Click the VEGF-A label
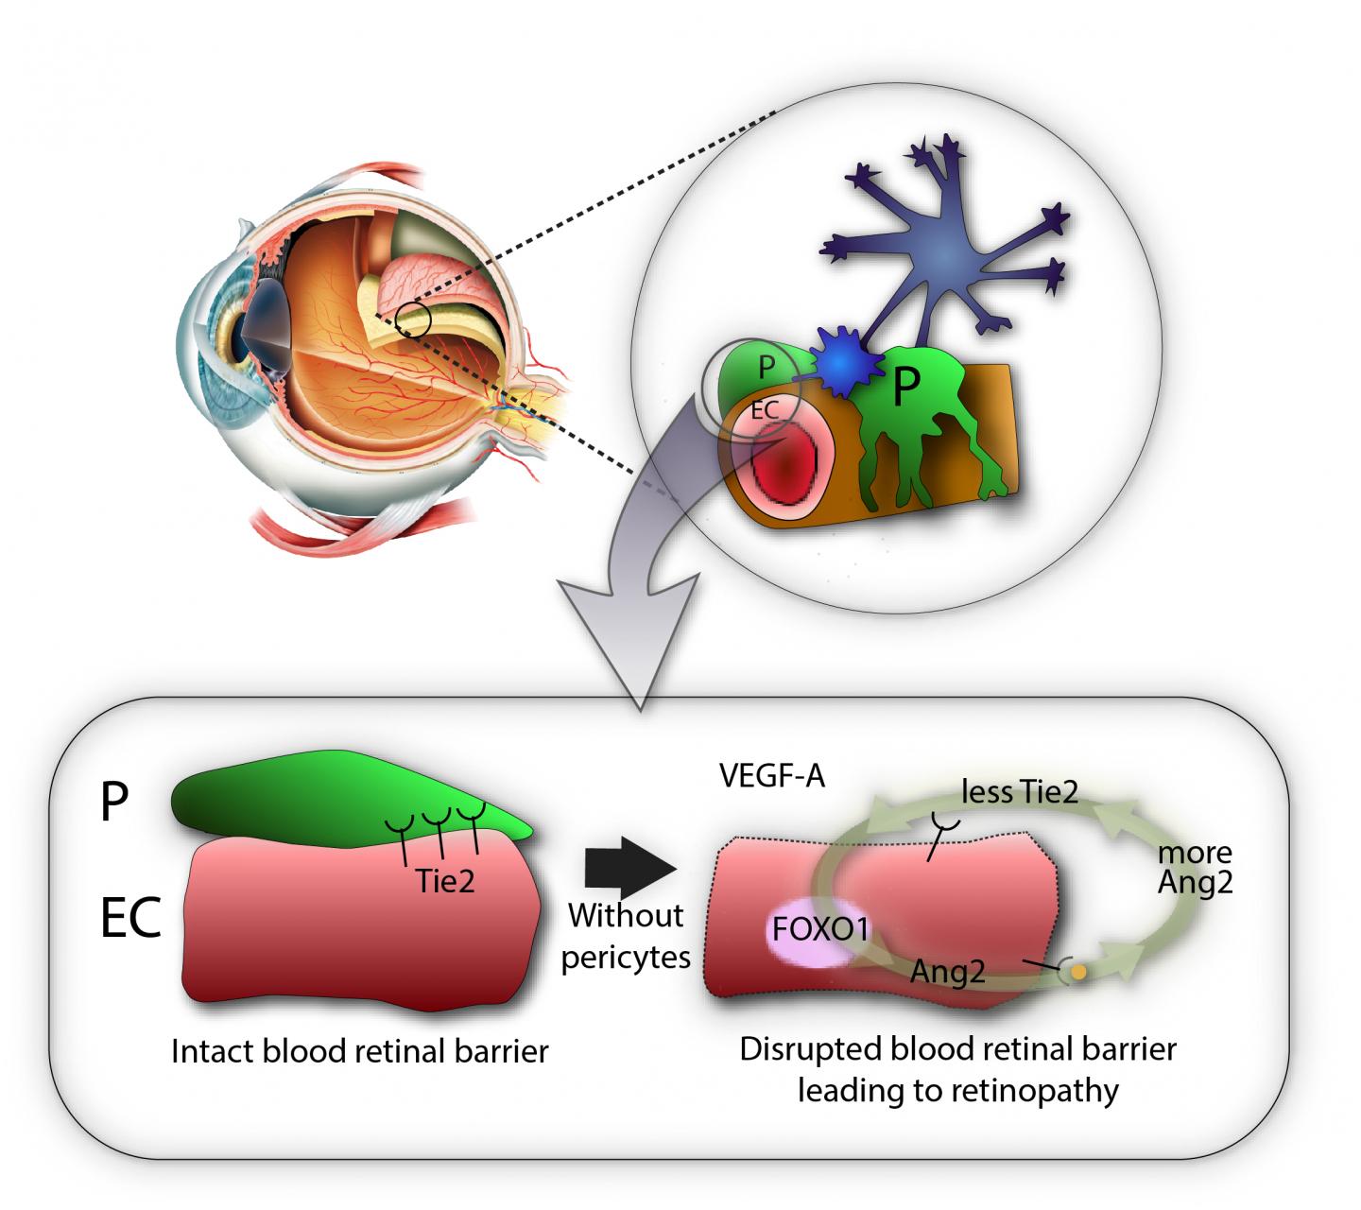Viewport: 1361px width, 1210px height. tap(771, 777)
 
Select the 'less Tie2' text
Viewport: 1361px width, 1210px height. tap(1019, 792)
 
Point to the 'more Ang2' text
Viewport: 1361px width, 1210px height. tap(1195, 868)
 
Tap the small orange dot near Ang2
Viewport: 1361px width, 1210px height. tap(1077, 971)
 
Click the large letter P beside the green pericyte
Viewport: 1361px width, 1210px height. tap(113, 804)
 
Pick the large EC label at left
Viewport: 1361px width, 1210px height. tap(129, 918)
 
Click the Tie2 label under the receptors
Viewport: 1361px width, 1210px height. tap(444, 881)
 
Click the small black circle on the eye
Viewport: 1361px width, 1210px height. tap(413, 321)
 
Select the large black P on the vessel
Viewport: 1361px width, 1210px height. tap(904, 388)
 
